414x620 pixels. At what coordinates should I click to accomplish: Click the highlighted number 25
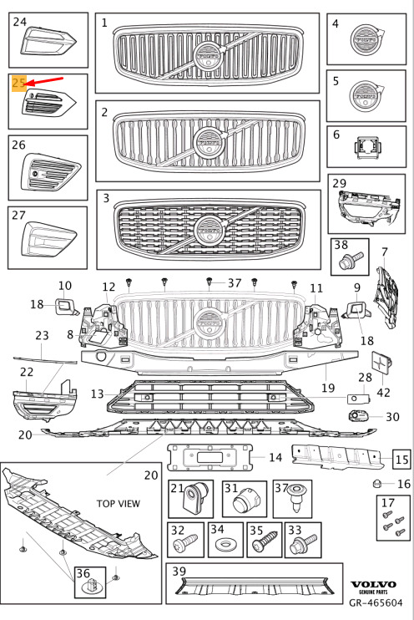(x=19, y=83)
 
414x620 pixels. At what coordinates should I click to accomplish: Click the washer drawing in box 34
(x=226, y=546)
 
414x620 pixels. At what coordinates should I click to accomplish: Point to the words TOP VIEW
(x=119, y=503)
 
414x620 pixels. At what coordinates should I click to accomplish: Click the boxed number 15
(x=401, y=459)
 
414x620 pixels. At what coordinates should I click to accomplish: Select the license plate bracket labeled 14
(x=210, y=457)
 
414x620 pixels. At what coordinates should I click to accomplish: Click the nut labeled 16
(x=377, y=483)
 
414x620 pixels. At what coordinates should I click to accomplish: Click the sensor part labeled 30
(x=358, y=415)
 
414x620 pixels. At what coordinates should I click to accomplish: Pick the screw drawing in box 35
(x=265, y=543)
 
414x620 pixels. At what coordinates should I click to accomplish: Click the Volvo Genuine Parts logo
(x=373, y=587)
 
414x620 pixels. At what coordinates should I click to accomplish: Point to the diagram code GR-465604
(x=376, y=602)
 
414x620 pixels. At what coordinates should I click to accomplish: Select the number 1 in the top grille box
(x=104, y=23)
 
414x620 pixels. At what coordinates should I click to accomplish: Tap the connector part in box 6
(x=367, y=148)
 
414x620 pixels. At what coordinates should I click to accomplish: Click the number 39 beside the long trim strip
(x=179, y=571)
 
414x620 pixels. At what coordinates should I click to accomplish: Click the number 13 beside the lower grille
(x=97, y=394)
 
